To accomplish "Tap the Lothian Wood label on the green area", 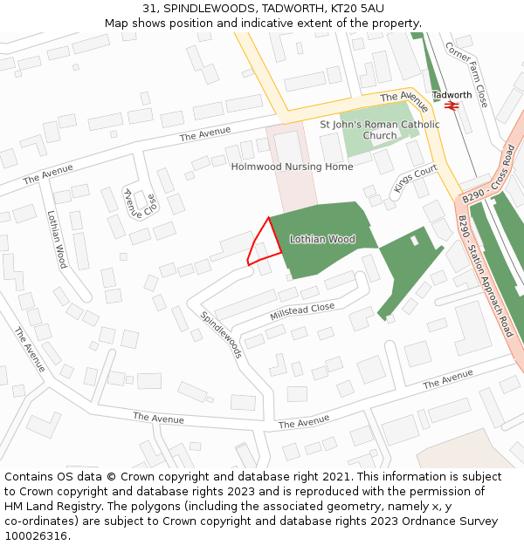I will [x=321, y=239].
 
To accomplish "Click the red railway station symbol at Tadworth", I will [x=452, y=106].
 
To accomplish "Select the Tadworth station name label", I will [x=452, y=95].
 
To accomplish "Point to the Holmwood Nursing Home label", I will [x=292, y=167].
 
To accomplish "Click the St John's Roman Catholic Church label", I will [x=380, y=130].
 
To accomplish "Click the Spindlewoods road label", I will [x=221, y=335].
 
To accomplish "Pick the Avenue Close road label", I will [x=140, y=206].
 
